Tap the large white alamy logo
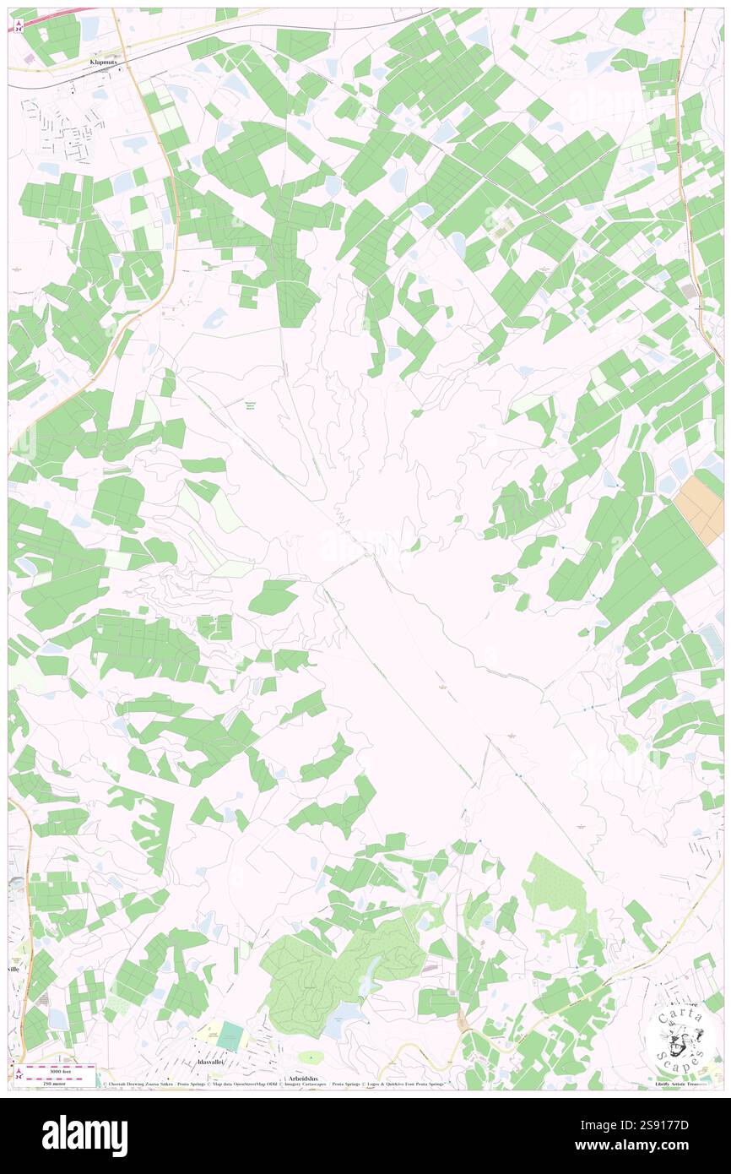pos(84,1135)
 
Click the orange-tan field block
pos(698,505)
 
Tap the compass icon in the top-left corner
pos(19,25)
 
